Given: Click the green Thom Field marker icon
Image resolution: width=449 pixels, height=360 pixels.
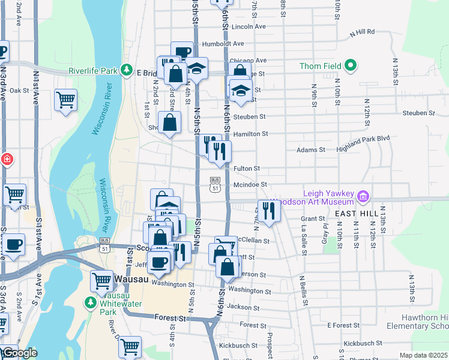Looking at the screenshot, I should (x=350, y=66).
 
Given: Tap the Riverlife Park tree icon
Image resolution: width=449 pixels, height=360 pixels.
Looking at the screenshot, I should (x=126, y=71).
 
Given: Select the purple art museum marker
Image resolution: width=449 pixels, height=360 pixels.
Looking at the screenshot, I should (x=362, y=196).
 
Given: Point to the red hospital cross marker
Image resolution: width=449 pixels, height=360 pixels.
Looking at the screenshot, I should (x=6, y=160).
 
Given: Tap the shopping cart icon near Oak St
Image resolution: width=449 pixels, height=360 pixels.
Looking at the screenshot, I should (x=65, y=99).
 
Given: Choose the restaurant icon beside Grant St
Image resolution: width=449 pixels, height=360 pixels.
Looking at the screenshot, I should (x=268, y=210).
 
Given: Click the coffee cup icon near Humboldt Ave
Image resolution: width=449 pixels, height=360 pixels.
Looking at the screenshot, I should (x=182, y=52).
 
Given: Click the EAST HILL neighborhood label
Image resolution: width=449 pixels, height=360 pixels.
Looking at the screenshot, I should (x=355, y=214).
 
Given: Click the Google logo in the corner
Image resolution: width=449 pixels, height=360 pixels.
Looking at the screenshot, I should (x=19, y=353).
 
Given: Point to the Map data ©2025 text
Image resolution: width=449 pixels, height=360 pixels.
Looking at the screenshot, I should (x=423, y=355).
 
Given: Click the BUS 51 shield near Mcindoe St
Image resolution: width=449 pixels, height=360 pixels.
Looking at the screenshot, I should (x=214, y=184).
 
